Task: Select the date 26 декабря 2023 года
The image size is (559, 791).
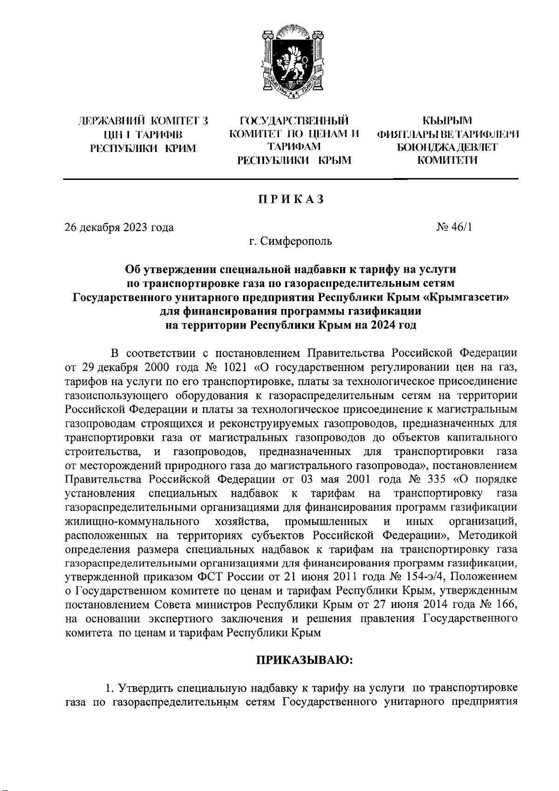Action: [x=119, y=228]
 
